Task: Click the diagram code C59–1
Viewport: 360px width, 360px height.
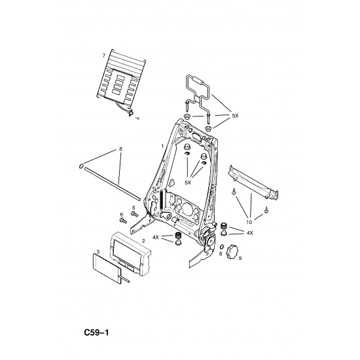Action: (96, 333)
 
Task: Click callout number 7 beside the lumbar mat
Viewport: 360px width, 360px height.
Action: (104, 56)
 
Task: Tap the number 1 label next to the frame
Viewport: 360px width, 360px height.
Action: (162, 146)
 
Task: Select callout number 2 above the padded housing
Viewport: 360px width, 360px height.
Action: (143, 241)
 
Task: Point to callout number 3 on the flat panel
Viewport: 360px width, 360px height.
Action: (98, 252)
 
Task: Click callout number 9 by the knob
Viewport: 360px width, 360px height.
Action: (240, 259)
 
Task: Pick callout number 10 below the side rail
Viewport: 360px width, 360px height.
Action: (249, 222)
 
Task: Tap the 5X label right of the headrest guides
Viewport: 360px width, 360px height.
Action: (235, 116)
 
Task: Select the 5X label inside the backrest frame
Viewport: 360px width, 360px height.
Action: (188, 183)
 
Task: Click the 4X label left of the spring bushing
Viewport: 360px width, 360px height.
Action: (156, 237)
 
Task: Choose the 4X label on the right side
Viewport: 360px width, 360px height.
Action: (250, 233)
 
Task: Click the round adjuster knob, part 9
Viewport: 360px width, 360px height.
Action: (232, 252)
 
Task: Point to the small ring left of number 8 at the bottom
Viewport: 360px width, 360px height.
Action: (221, 247)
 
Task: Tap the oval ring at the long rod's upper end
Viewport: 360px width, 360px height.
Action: (81, 166)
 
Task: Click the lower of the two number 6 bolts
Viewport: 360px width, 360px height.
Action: (123, 221)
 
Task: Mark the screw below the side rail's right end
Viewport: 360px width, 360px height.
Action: (266, 209)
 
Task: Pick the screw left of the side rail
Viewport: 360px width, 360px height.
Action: (234, 191)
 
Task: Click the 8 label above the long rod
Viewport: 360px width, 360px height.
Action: (120, 149)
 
